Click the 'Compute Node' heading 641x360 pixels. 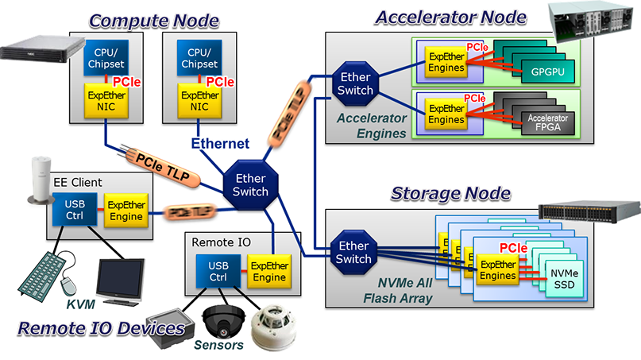tap(153, 20)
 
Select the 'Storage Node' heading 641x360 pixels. tap(450, 193)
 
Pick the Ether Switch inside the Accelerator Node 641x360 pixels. tap(355, 83)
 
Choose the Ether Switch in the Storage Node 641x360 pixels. tap(353, 252)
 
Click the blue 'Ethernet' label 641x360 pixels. tap(220, 144)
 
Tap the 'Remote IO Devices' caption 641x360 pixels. tap(101, 328)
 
